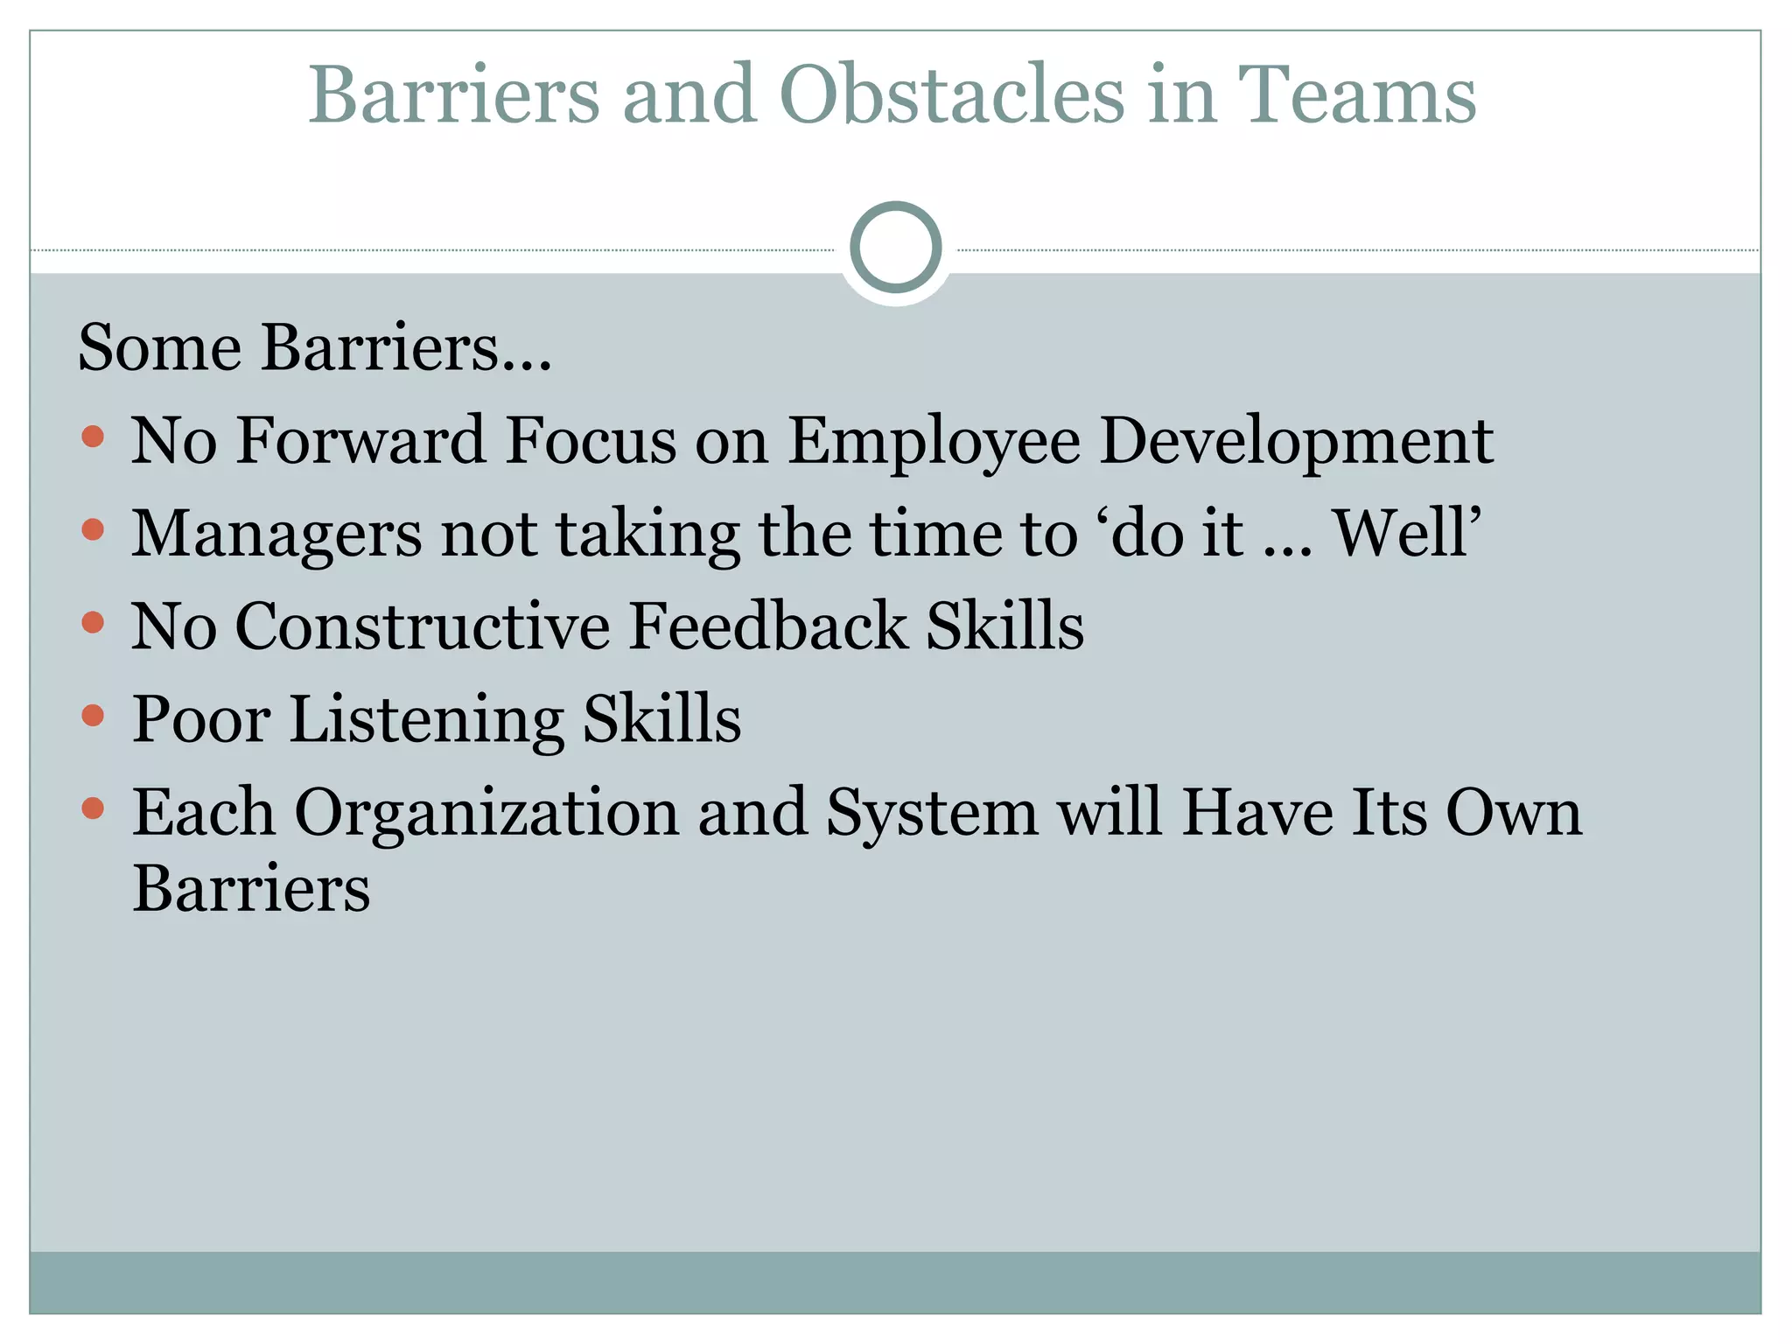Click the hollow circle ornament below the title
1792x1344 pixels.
pos(896,248)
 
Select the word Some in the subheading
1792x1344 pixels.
pos(159,347)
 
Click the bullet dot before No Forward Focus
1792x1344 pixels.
pos(93,436)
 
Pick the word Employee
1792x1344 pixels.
pos(934,441)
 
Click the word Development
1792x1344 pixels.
pos(1296,441)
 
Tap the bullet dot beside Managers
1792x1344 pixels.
pos(93,528)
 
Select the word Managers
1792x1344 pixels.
pos(276,534)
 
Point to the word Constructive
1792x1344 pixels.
pos(423,626)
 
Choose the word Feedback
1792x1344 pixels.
pos(768,626)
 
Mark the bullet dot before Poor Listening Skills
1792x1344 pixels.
pos(93,716)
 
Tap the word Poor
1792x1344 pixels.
pos(201,720)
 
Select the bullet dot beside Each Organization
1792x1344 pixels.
pos(93,808)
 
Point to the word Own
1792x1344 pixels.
pos(1514,812)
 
